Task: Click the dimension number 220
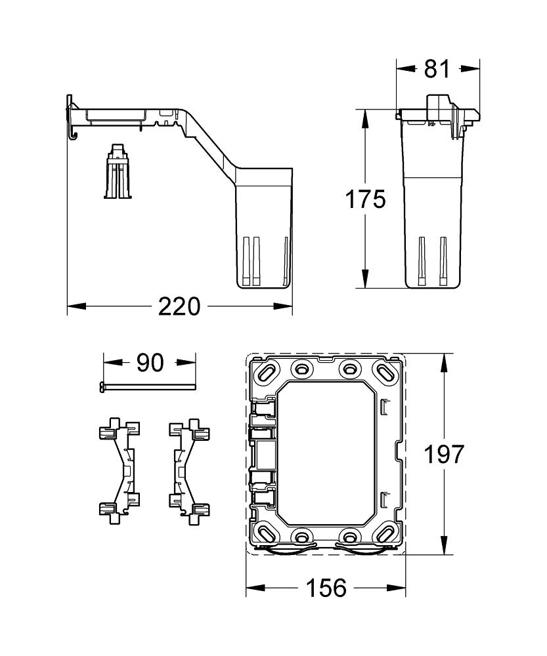[x=179, y=306]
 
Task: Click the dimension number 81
[x=437, y=68]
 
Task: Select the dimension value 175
[x=366, y=199]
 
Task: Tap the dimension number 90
[x=150, y=362]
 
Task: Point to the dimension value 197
[x=443, y=454]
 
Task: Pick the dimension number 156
[x=326, y=588]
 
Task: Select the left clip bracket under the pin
[x=119, y=470]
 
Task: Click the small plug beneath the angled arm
[x=117, y=172]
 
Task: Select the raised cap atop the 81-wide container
[x=438, y=104]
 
